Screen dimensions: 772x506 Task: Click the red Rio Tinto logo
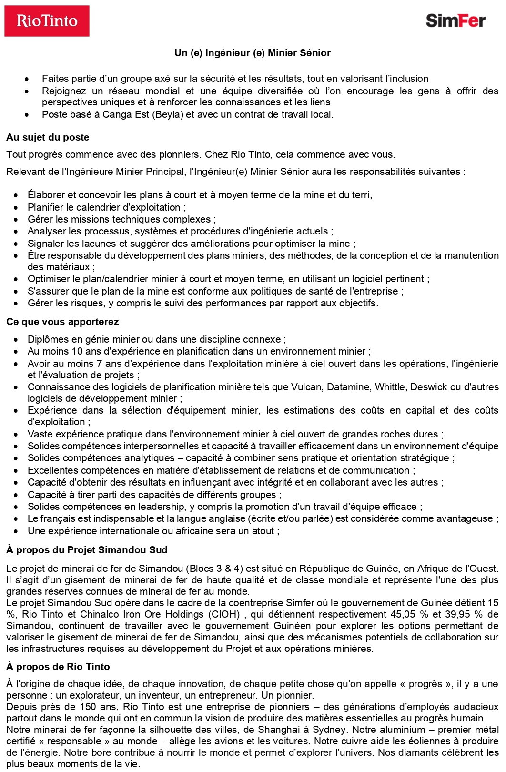(x=47, y=21)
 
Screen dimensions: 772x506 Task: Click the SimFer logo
(x=455, y=20)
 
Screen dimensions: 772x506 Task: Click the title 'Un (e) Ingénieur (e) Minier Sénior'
(x=253, y=53)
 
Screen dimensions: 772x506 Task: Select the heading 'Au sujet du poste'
(x=48, y=137)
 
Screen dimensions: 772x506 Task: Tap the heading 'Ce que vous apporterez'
(x=62, y=322)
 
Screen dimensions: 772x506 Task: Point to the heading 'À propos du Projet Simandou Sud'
(x=87, y=550)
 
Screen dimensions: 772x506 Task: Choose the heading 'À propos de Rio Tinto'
(x=58, y=667)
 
